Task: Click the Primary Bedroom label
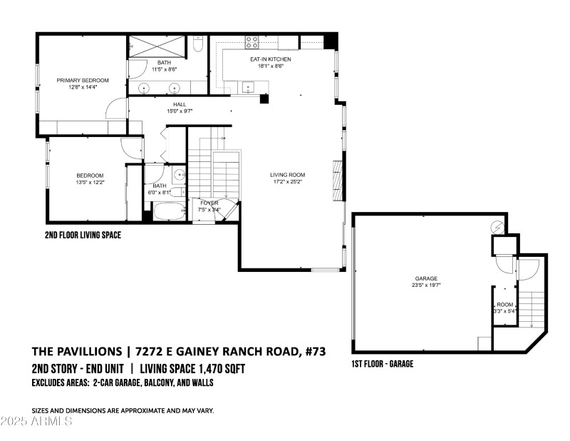click(x=83, y=80)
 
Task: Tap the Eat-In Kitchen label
click(x=271, y=59)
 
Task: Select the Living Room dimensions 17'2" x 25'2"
click(x=288, y=181)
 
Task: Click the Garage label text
click(x=426, y=278)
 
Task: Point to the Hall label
click(x=180, y=104)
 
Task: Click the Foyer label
click(x=209, y=203)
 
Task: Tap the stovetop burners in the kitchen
click(x=252, y=42)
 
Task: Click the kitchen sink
click(x=248, y=87)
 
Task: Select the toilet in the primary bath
click(x=198, y=44)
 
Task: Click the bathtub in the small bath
click(x=170, y=211)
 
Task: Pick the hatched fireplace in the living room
click(x=338, y=180)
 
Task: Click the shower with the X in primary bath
click(x=157, y=46)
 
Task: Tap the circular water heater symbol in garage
click(x=497, y=228)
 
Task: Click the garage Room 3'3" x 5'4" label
click(x=505, y=308)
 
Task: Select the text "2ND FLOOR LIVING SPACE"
click(x=83, y=235)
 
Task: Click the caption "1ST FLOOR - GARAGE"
click(x=383, y=364)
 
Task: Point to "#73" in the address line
click(x=316, y=351)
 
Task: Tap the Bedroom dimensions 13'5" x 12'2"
click(x=90, y=182)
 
